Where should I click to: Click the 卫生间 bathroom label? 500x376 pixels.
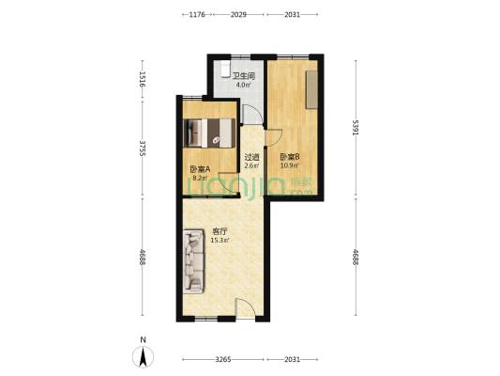coord(245,75)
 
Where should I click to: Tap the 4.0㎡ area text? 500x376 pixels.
coord(243,85)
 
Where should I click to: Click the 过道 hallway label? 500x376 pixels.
coord(251,157)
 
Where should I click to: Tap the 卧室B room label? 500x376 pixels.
coord(289,157)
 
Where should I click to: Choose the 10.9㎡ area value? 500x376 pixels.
coord(289,166)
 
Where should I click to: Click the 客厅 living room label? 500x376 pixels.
coord(220,230)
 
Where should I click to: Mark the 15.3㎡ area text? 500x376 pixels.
coord(220,240)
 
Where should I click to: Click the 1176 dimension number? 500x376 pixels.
coord(196,15)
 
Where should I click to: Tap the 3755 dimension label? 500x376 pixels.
coord(142,149)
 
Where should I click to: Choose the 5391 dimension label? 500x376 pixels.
coord(356,127)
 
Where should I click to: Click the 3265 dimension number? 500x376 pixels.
coord(223,359)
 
